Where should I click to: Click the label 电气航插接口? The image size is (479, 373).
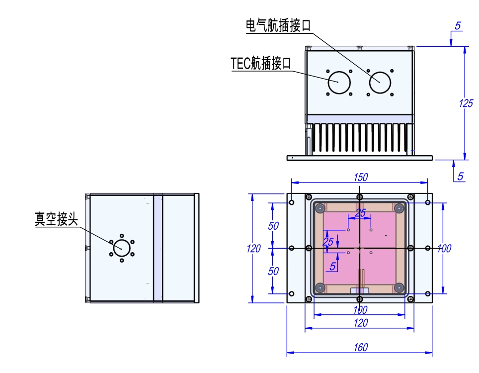(278, 25)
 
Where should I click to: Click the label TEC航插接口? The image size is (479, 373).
(261, 63)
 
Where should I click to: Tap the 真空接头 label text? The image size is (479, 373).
(56, 219)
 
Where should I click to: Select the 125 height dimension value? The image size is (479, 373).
(466, 103)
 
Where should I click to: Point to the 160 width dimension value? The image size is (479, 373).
(360, 347)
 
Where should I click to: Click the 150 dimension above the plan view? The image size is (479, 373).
(360, 177)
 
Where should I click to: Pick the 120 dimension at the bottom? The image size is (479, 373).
(360, 323)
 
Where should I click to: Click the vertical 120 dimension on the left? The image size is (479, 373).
(254, 249)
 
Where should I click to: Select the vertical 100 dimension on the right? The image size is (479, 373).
(444, 249)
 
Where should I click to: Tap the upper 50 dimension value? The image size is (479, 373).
(273, 226)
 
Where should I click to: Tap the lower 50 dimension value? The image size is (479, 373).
(273, 271)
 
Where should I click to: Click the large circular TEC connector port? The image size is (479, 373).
(339, 82)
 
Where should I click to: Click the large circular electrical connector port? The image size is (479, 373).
(380, 82)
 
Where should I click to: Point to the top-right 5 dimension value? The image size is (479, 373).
(457, 26)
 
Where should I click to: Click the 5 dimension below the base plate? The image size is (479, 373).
(460, 176)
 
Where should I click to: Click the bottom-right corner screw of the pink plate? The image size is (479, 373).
(399, 287)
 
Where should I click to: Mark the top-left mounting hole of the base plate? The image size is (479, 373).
(292, 202)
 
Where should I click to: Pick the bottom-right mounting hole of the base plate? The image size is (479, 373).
(428, 294)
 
